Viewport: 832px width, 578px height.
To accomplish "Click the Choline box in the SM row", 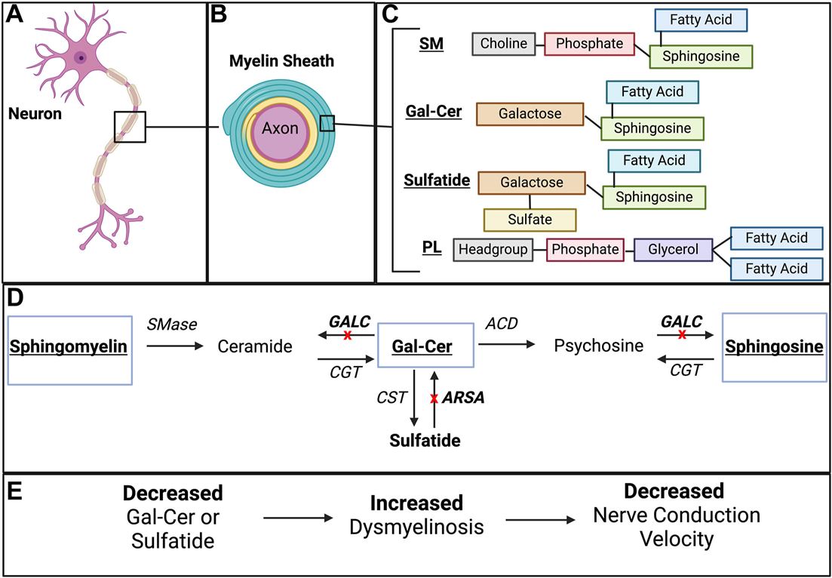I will [x=504, y=44].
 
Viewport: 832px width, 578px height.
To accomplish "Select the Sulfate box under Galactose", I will [x=529, y=220].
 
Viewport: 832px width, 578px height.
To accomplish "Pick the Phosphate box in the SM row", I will [x=589, y=44].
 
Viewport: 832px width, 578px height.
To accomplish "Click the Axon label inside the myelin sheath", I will [x=280, y=129].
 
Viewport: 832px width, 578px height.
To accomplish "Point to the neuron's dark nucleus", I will [x=80, y=58].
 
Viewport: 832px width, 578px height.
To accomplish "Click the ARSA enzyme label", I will [x=464, y=398].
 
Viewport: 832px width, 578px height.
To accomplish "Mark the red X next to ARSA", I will [x=433, y=398].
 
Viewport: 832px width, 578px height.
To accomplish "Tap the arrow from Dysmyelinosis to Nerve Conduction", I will [x=543, y=519].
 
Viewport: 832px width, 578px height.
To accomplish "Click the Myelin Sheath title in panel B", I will [x=281, y=61].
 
